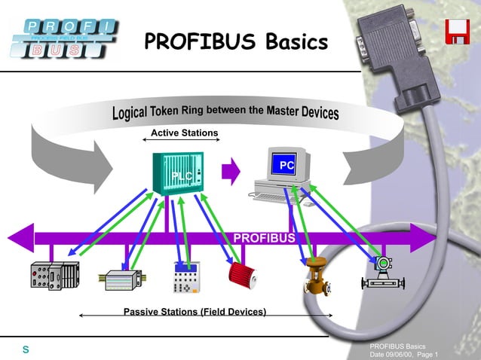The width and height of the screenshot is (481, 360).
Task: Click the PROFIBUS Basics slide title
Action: coord(236,41)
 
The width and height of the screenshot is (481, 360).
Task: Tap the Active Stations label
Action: coord(184,133)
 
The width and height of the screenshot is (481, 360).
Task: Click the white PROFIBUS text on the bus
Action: coord(264,239)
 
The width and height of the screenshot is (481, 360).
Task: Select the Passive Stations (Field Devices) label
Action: coord(195,312)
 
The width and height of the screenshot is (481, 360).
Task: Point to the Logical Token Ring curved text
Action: coord(226,112)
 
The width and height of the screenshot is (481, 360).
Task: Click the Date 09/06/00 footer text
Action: coord(403,354)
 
